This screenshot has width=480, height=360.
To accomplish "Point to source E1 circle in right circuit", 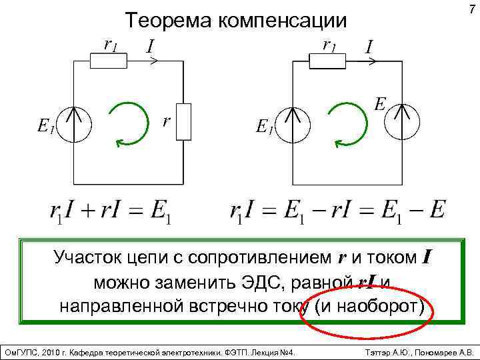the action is point(293,124).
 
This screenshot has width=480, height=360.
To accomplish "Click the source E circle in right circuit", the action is point(403,121).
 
